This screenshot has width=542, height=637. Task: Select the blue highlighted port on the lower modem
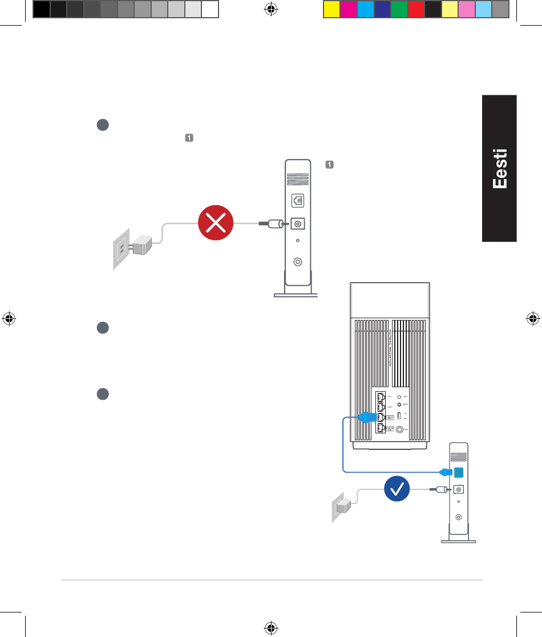(458, 472)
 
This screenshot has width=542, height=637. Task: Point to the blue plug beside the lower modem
(445, 472)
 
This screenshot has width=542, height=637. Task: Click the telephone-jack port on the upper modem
(297, 201)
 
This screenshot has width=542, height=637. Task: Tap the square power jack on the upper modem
(297, 224)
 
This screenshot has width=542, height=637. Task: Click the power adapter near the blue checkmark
(343, 506)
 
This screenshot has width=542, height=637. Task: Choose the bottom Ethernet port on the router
(381, 429)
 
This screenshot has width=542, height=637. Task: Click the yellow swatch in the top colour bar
(331, 9)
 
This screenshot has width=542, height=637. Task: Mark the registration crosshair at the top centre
(272, 9)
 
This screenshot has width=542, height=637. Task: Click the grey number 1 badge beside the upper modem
(329, 165)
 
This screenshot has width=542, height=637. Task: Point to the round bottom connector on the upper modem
(297, 262)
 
